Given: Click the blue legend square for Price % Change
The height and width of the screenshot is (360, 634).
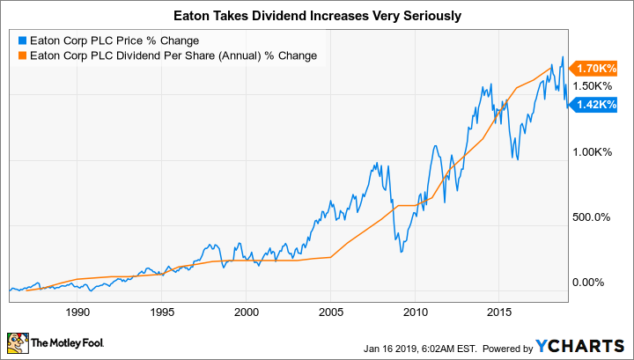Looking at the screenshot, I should pyautogui.click(x=22, y=40).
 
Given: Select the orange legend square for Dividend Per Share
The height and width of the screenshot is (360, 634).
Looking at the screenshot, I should pyautogui.click(x=22, y=55).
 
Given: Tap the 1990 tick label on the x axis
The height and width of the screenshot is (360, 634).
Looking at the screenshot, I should pyautogui.click(x=77, y=311).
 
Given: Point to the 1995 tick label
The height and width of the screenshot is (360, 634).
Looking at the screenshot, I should pyautogui.click(x=162, y=311).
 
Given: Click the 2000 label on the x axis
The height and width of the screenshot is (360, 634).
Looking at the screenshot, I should pyautogui.click(x=247, y=311).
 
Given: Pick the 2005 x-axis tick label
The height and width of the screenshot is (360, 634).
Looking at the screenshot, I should pyautogui.click(x=330, y=311).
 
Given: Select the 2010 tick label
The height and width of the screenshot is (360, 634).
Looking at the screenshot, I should pyautogui.click(x=415, y=311).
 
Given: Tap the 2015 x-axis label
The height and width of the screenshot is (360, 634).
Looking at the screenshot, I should pyautogui.click(x=499, y=311).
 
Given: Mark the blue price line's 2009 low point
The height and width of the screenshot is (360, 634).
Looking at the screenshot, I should pyautogui.click(x=401, y=253).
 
